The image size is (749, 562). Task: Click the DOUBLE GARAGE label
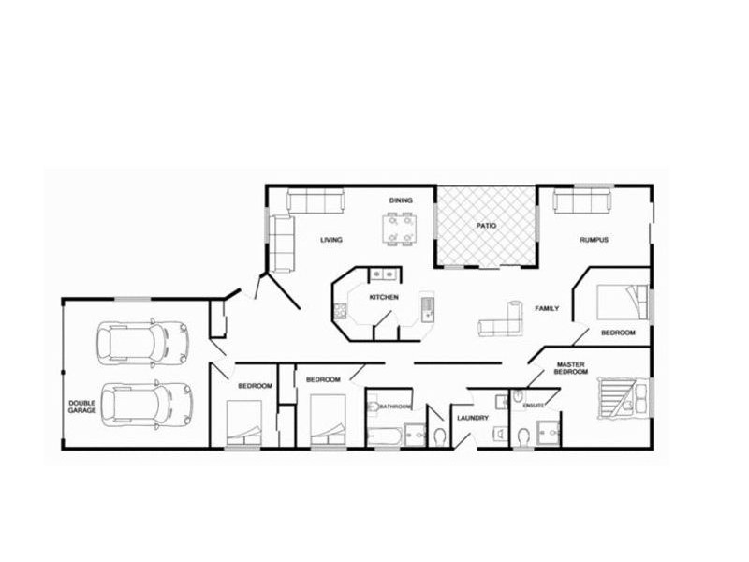[82, 407]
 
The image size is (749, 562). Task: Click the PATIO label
[486, 226]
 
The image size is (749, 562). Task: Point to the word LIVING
[331, 240]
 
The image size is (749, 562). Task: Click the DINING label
[401, 200]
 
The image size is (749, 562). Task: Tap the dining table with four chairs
[400, 229]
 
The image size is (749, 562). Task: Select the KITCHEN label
[384, 297]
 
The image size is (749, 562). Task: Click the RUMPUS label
[594, 240]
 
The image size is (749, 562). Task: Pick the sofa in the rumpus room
[581, 200]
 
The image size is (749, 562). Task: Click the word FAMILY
[547, 308]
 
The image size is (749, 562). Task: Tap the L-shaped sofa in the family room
[503, 321]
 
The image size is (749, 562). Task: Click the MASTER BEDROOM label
[571, 368]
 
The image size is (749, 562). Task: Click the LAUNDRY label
[472, 418]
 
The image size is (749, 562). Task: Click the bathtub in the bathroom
[385, 436]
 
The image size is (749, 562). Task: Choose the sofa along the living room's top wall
[316, 200]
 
